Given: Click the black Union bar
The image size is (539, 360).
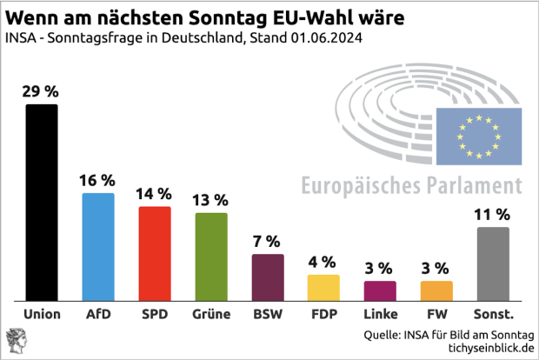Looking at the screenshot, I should [42, 202].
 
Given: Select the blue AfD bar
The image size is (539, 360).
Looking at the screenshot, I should [98, 246].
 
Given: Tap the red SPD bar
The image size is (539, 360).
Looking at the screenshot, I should [155, 253].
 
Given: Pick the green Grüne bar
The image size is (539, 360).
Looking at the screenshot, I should [211, 257].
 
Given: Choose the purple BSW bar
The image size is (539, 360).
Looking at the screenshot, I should [268, 277].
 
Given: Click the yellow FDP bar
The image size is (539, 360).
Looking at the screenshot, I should [323, 287].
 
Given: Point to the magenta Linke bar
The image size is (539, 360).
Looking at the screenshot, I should [380, 290].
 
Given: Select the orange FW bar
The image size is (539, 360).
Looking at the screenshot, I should [436, 290].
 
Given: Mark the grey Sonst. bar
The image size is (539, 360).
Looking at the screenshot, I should [492, 263].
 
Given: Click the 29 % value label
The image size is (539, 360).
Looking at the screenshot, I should [42, 91].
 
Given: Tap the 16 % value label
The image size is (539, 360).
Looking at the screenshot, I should [98, 180].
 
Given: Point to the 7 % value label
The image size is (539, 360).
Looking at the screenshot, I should [268, 241].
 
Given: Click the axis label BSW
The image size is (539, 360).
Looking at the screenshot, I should [268, 314].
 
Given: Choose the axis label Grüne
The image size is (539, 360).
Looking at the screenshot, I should [211, 314].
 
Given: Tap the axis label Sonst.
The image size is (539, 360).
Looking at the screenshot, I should [492, 314].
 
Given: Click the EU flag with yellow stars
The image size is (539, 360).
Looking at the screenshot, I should [478, 137].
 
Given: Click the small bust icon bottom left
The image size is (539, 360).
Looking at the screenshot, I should [16, 339].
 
